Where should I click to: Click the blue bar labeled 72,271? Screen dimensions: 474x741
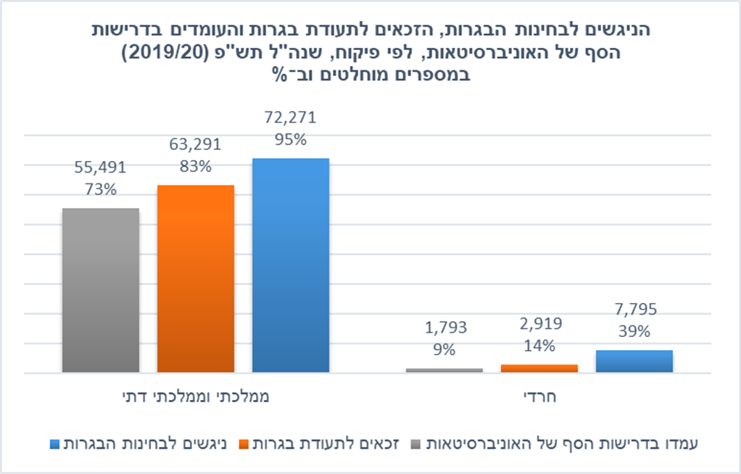pyautogui.click(x=290, y=265)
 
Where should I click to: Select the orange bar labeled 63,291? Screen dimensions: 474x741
pyautogui.click(x=195, y=279)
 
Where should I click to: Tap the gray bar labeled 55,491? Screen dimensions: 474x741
pyautogui.click(x=100, y=290)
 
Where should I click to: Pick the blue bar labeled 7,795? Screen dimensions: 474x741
pyautogui.click(x=634, y=361)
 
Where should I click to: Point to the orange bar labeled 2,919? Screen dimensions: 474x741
pyautogui.click(x=539, y=368)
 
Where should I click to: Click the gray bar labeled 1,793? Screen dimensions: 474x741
pyautogui.click(x=444, y=370)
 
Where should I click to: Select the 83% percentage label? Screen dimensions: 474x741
pyautogui.click(x=195, y=167)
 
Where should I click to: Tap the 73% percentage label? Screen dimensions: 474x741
pyautogui.click(x=100, y=190)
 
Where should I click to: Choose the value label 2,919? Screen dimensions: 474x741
pyautogui.click(x=539, y=323)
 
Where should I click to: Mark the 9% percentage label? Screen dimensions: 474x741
pyautogui.click(x=444, y=349)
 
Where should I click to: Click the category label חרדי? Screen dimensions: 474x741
pyautogui.click(x=539, y=397)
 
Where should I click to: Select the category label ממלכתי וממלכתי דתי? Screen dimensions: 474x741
pyautogui.click(x=196, y=397)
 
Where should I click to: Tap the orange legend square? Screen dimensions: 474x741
pyautogui.click(x=245, y=443)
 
